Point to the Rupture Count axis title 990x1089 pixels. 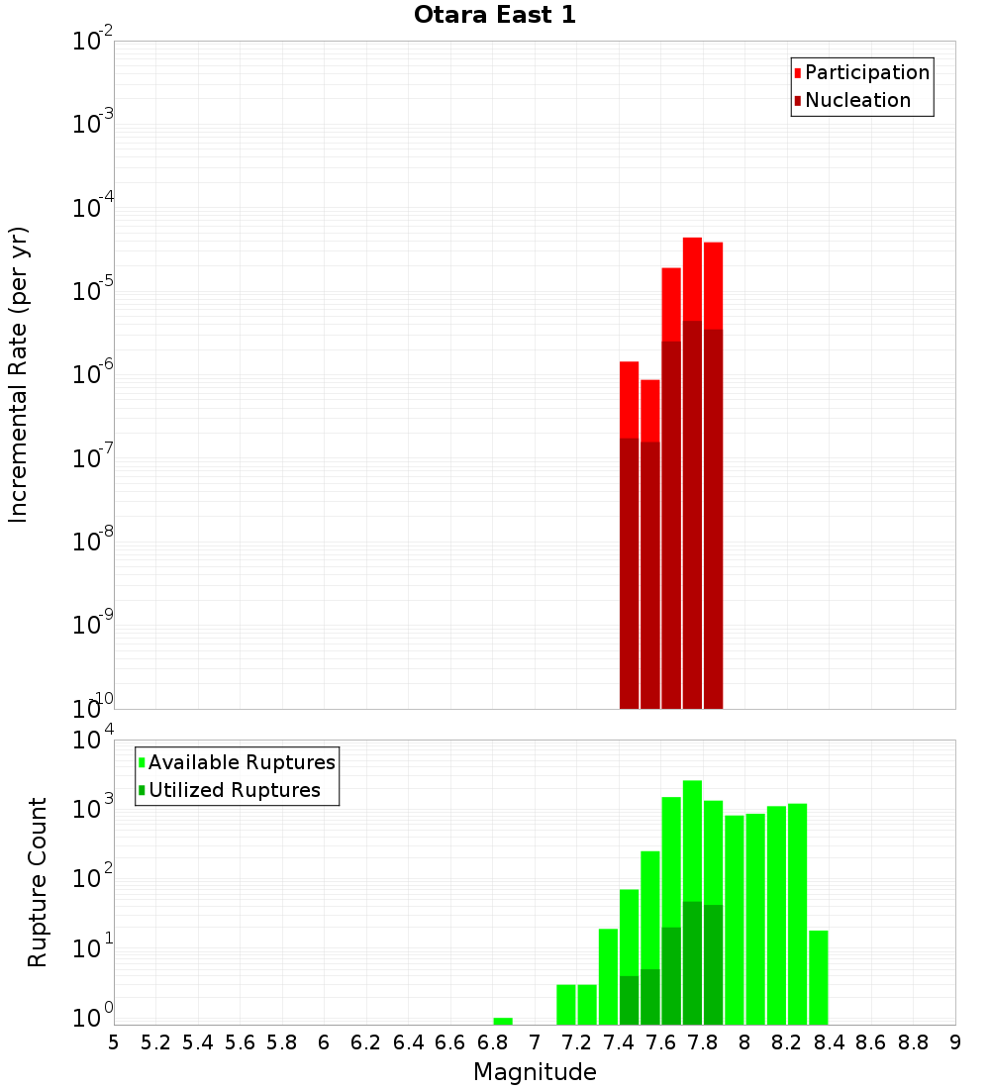pyautogui.click(x=38, y=881)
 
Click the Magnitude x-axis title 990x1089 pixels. pyautogui.click(x=535, y=1072)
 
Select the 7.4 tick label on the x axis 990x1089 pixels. pyautogui.click(x=619, y=1042)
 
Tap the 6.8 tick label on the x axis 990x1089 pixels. pyautogui.click(x=492, y=1042)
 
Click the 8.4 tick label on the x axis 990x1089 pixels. pyautogui.click(x=829, y=1042)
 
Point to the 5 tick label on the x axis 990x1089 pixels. pyautogui.click(x=114, y=1042)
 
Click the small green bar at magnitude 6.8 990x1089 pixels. pyautogui.click(x=503, y=1021)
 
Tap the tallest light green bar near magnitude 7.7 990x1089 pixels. pyautogui.click(x=692, y=841)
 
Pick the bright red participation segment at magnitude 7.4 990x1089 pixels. pyautogui.click(x=629, y=400)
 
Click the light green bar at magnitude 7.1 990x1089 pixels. pyautogui.click(x=566, y=1004)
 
